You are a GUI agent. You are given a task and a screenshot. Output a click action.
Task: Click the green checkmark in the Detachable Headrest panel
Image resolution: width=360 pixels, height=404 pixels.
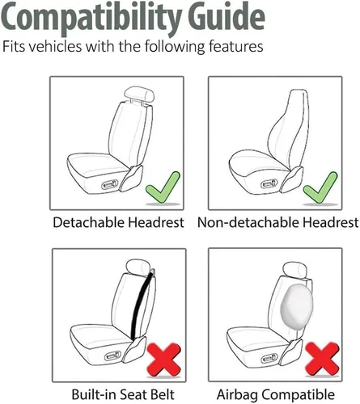point(163,187)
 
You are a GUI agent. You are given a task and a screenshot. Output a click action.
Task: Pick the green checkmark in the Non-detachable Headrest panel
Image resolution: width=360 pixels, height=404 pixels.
point(320,187)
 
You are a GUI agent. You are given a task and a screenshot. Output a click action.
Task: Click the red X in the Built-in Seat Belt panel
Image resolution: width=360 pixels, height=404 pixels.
point(164,360)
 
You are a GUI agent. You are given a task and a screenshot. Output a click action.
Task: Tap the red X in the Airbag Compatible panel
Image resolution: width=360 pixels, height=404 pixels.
point(322,359)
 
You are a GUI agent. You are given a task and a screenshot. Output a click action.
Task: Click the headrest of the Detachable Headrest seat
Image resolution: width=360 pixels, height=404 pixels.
point(139,95)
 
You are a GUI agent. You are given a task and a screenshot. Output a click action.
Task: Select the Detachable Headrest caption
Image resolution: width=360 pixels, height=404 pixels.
point(118,222)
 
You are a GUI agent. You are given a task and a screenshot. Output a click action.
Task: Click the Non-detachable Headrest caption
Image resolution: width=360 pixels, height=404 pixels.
point(278,222)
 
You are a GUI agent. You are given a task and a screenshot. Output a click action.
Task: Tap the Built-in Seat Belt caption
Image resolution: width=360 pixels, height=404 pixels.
point(123,394)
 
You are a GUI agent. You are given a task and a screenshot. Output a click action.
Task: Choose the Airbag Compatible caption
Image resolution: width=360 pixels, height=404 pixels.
point(276,395)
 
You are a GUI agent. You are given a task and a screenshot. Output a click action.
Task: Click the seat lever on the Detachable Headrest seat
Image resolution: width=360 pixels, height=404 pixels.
point(109,185)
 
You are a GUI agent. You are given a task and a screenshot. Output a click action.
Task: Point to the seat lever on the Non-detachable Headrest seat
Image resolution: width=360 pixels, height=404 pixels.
point(269,184)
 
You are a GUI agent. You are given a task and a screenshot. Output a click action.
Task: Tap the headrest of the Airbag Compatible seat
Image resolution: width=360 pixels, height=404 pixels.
point(294,269)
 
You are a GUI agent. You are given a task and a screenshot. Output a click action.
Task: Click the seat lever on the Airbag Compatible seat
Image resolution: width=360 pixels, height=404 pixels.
point(269,358)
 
